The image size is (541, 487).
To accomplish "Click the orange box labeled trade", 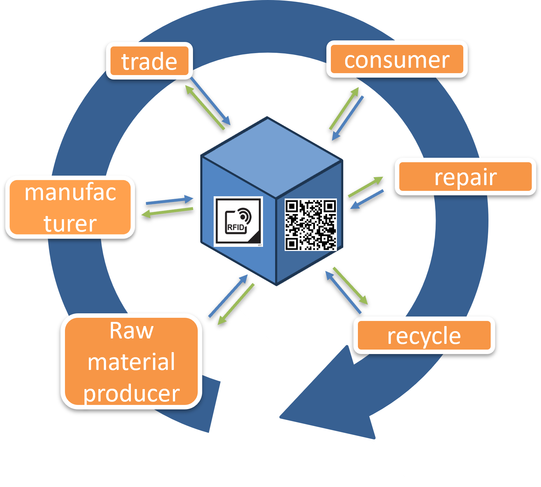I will (x=149, y=61).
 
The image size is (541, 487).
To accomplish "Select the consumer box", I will (x=397, y=59).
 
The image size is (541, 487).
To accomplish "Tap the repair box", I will (x=465, y=177).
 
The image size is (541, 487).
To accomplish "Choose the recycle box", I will (x=424, y=335).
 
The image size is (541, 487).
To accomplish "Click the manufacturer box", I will (x=70, y=207).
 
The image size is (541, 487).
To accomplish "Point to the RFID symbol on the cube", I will (x=238, y=221).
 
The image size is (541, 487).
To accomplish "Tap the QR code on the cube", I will (x=310, y=225).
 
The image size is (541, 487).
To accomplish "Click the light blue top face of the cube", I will (x=271, y=156).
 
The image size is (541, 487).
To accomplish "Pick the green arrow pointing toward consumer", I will (x=344, y=108).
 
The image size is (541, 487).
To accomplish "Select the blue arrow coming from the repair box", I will (x=367, y=199).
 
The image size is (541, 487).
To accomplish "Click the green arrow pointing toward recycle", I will (x=350, y=286).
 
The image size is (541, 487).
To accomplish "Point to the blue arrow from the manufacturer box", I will (x=169, y=201).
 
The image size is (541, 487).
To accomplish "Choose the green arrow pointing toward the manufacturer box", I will (x=167, y=212).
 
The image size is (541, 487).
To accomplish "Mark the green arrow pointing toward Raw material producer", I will (x=236, y=304).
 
